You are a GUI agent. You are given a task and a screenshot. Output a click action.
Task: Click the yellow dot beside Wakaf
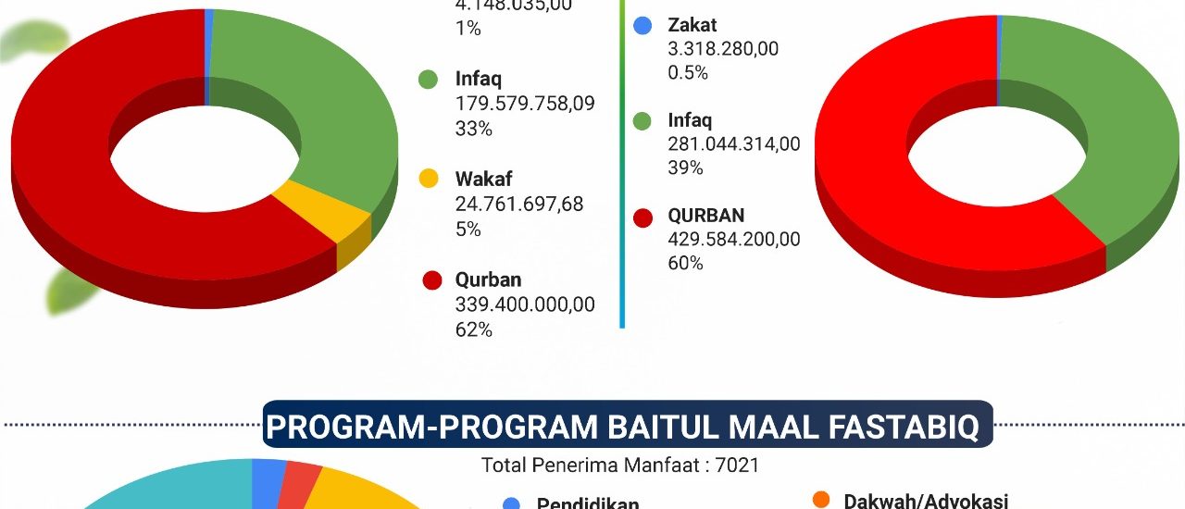click(428, 179)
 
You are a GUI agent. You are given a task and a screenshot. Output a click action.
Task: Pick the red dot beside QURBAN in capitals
click(642, 218)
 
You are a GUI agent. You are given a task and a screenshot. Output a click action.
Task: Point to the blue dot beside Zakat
click(642, 26)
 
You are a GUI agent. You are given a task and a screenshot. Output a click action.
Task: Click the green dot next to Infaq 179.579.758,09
click(428, 81)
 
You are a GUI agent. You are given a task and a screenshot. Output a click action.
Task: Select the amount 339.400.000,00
click(525, 304)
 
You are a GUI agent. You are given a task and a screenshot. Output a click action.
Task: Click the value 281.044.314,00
click(734, 143)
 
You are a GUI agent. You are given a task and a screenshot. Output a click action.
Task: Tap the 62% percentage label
click(473, 329)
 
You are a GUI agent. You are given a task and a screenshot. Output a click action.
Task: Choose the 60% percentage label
click(685, 263)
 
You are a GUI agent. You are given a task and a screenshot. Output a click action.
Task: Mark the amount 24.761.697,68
click(519, 205)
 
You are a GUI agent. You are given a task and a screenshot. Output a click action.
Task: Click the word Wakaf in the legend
click(483, 179)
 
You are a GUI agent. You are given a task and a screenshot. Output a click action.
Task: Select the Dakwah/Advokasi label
click(926, 502)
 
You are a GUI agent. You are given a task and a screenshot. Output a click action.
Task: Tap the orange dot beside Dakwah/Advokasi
click(820, 501)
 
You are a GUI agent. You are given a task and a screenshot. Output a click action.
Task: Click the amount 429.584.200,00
click(734, 239)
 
